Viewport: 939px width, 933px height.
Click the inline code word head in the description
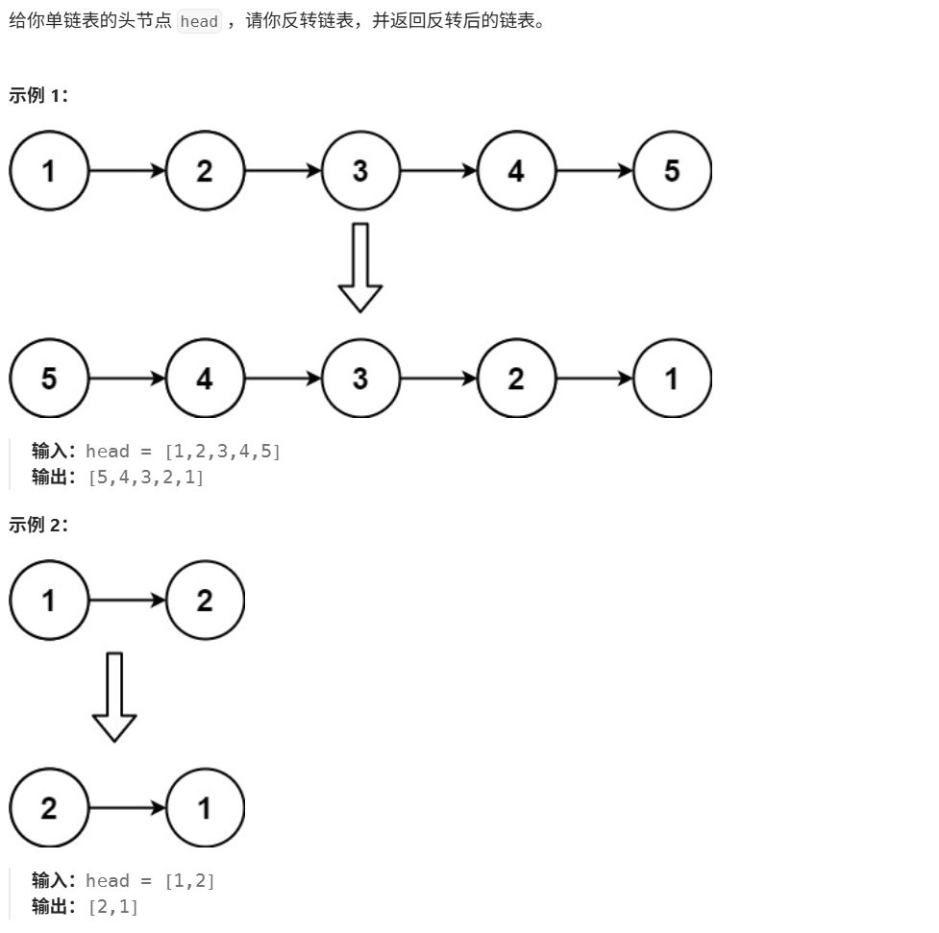click(199, 21)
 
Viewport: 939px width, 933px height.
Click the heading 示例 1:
click(38, 95)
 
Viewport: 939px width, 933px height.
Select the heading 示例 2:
click(38, 525)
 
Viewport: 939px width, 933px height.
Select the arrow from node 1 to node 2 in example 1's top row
click(127, 171)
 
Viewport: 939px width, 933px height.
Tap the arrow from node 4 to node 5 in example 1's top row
click(594, 171)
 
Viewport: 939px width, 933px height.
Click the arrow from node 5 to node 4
click(127, 379)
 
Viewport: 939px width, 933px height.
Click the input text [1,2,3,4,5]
click(223, 451)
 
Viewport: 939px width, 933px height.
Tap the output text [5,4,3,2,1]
click(146, 478)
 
